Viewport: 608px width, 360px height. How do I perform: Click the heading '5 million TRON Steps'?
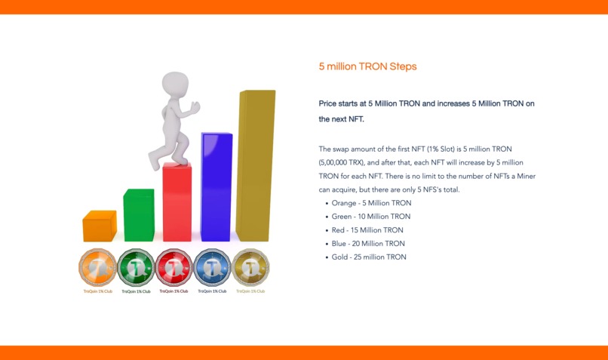click(x=367, y=66)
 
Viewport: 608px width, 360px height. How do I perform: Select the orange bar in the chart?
click(x=99, y=226)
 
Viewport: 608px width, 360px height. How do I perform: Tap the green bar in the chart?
click(x=138, y=216)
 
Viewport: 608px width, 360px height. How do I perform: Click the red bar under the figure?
click(x=177, y=204)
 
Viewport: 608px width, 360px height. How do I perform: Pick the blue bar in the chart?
click(x=216, y=189)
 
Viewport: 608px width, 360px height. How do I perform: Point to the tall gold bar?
click(x=255, y=166)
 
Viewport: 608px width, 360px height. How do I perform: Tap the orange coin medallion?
click(x=98, y=267)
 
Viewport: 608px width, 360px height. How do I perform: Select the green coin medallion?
click(x=137, y=267)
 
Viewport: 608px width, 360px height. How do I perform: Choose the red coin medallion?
click(x=174, y=267)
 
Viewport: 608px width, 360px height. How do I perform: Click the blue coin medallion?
click(x=212, y=267)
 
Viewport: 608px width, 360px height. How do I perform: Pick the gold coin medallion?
click(x=250, y=267)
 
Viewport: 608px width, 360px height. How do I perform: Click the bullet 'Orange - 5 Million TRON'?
click(x=371, y=203)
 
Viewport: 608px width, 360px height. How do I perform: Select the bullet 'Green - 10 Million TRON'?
click(x=371, y=217)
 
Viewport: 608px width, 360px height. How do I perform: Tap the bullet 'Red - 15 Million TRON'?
click(x=367, y=230)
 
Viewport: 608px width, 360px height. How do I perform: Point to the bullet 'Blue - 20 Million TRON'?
click(x=368, y=244)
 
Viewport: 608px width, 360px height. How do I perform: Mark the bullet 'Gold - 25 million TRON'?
click(x=369, y=257)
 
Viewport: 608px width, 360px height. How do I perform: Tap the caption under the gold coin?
click(x=250, y=291)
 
